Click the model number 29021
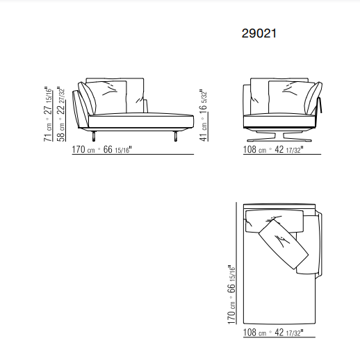[259, 33]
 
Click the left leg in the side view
[94, 136]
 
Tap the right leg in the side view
[176, 136]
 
